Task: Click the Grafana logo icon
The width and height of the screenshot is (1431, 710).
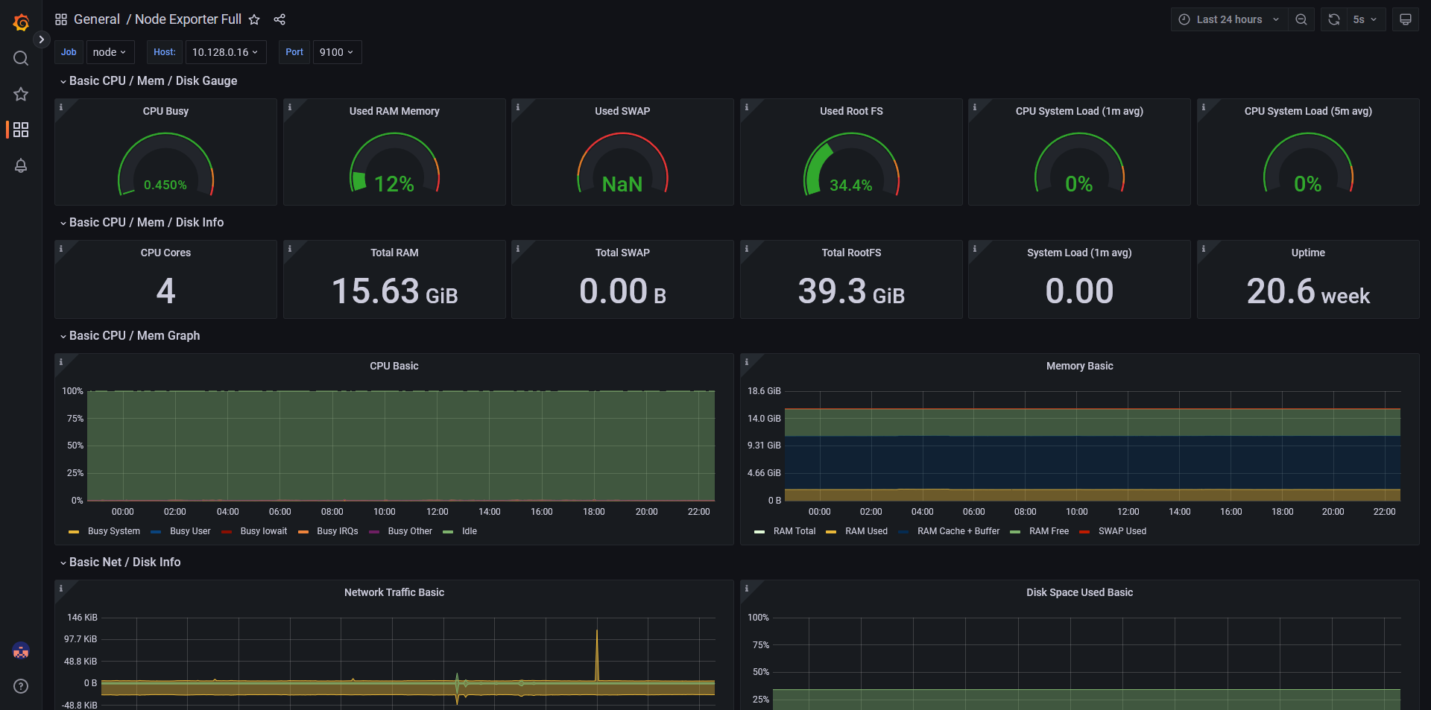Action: click(21, 22)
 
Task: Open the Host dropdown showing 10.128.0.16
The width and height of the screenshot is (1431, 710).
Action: click(224, 52)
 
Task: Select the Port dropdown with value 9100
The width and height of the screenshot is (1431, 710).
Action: click(336, 52)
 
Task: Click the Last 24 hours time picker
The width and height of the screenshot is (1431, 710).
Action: click(1229, 19)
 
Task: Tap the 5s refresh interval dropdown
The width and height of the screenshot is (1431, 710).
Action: click(1365, 19)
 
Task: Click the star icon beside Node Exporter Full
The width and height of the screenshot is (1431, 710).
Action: click(254, 19)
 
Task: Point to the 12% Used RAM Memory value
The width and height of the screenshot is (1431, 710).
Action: click(394, 184)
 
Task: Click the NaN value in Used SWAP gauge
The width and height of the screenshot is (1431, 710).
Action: click(622, 184)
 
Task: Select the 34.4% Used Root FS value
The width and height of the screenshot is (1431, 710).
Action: click(850, 185)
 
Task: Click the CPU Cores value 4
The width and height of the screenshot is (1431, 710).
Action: click(165, 291)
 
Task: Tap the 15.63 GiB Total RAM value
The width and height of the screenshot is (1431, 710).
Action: click(394, 291)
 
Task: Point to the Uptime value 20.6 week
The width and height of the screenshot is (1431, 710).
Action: click(1308, 291)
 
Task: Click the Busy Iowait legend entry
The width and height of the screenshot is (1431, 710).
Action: click(263, 531)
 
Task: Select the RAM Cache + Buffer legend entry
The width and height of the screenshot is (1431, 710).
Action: click(958, 531)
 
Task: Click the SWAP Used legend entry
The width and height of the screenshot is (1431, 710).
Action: click(1122, 531)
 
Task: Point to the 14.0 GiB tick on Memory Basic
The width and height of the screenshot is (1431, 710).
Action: click(764, 419)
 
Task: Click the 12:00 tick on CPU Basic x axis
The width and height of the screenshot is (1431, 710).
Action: click(437, 512)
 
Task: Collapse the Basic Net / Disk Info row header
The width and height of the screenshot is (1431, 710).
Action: click(124, 562)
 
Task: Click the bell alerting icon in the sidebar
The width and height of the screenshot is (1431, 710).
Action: click(21, 165)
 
